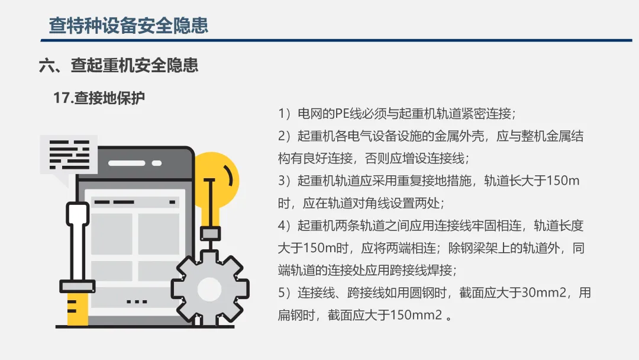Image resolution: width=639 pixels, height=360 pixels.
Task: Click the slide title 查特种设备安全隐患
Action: point(128,25)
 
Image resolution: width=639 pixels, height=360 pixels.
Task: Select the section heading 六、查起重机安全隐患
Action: point(118,65)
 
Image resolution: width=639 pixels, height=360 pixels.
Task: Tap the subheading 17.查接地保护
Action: point(99,98)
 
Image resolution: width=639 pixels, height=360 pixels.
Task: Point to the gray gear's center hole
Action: point(209,289)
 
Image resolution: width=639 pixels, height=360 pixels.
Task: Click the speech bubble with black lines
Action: point(69,156)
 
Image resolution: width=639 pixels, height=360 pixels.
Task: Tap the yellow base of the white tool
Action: point(78,308)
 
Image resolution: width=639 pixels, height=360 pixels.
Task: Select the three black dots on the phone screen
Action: point(137,302)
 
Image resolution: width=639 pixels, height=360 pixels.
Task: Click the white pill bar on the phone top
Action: point(127,163)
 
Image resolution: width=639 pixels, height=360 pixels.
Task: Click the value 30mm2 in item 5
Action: point(544,292)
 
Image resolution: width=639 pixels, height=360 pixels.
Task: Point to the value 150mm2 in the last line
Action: point(416,315)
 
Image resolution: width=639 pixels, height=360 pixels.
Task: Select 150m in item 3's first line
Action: point(563,180)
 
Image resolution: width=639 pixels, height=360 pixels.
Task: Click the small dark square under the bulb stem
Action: point(211,234)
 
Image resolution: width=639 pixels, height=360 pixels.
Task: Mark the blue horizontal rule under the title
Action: point(336,40)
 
